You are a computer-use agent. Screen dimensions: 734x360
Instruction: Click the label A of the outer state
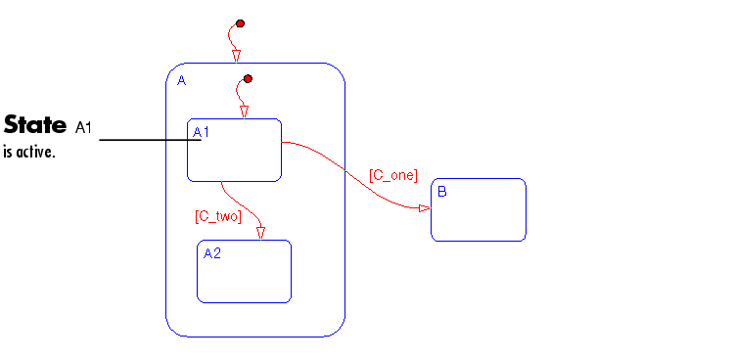click(x=182, y=81)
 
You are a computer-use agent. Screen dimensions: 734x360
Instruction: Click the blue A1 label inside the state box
click(x=202, y=132)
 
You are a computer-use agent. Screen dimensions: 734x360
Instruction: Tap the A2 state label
click(x=212, y=253)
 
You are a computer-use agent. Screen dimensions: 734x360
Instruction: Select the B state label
click(x=442, y=192)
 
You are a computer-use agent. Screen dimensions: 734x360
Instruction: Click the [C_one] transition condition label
click(x=393, y=175)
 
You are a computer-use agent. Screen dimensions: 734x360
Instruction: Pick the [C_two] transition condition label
click(x=218, y=216)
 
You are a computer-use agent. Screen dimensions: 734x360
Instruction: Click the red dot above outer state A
click(x=240, y=23)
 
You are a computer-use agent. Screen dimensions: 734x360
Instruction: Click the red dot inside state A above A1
click(x=249, y=78)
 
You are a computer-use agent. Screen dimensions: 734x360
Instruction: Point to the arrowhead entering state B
click(x=425, y=208)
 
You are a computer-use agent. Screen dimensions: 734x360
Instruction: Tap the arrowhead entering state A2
click(x=260, y=234)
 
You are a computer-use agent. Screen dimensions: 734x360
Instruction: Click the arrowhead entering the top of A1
click(x=244, y=112)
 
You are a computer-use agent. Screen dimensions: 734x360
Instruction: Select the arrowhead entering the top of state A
click(x=237, y=56)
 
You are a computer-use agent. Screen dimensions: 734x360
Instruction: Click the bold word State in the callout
click(x=35, y=125)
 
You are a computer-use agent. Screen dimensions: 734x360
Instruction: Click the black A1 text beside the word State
click(x=83, y=127)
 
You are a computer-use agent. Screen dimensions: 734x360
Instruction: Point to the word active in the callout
click(x=35, y=153)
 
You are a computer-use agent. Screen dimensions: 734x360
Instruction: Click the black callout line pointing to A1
click(x=151, y=140)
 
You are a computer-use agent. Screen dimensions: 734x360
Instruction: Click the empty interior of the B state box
click(x=479, y=215)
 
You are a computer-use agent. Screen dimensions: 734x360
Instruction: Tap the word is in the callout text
click(x=9, y=153)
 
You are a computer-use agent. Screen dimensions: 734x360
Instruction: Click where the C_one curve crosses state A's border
click(x=345, y=171)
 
